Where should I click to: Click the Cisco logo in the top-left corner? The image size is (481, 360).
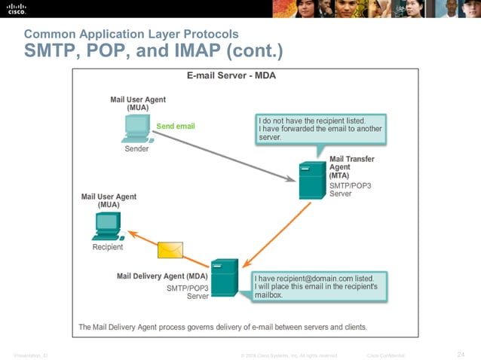click(17, 8)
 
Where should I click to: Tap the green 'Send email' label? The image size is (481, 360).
click(175, 126)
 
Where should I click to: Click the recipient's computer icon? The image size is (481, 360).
click(107, 225)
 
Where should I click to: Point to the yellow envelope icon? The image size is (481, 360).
click(170, 249)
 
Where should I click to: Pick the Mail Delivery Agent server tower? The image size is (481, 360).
click(225, 278)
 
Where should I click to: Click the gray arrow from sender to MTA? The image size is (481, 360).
click(226, 160)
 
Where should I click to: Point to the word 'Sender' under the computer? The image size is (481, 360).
click(136, 149)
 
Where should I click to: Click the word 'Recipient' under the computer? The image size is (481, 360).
click(107, 247)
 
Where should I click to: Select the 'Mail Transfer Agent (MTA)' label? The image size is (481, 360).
click(352, 167)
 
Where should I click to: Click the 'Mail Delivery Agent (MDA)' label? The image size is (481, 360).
click(162, 276)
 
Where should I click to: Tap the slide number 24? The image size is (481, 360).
click(461, 354)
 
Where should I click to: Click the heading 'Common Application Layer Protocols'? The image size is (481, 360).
click(131, 34)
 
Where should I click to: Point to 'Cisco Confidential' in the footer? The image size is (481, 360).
click(385, 355)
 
